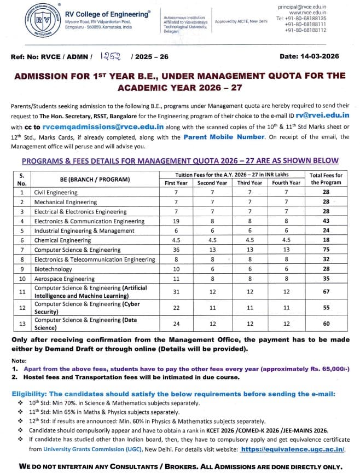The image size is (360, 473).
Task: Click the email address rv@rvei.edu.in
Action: tap(322, 116)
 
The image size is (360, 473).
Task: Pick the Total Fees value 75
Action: tap(326, 250)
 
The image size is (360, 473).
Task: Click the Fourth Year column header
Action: tap(286, 182)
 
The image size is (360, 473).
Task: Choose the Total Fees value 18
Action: tap(326, 240)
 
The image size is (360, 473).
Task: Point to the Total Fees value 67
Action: tap(326, 292)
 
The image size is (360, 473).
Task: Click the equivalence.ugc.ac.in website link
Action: tap(292, 449)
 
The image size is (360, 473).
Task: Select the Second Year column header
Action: tap(212, 182)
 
